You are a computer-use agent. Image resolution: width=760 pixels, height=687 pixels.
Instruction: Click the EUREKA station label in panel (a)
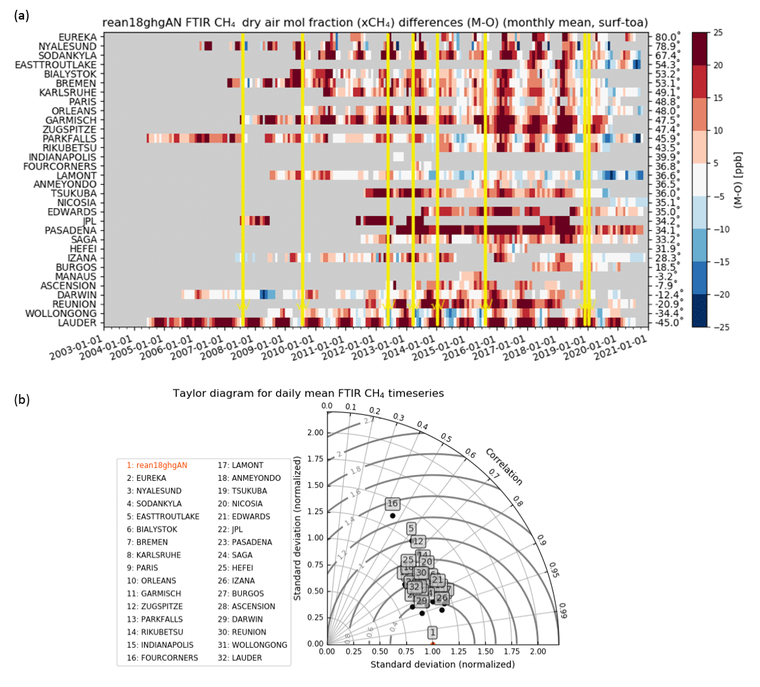click(77, 37)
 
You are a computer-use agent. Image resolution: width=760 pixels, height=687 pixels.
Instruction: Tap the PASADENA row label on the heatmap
click(70, 231)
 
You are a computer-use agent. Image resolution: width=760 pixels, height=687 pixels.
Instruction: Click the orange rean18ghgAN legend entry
click(157, 465)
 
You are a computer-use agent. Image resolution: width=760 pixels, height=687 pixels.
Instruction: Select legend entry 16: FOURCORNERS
click(162, 658)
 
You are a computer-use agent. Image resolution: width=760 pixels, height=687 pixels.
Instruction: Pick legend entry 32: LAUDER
click(241, 658)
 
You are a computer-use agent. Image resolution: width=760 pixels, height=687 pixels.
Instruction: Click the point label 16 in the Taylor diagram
click(392, 504)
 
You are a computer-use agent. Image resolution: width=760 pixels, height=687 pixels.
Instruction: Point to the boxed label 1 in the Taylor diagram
click(432, 632)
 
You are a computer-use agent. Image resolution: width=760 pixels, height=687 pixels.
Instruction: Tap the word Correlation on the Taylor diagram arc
click(503, 466)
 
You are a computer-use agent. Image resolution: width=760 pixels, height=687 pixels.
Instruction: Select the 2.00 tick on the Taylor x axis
click(538, 651)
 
